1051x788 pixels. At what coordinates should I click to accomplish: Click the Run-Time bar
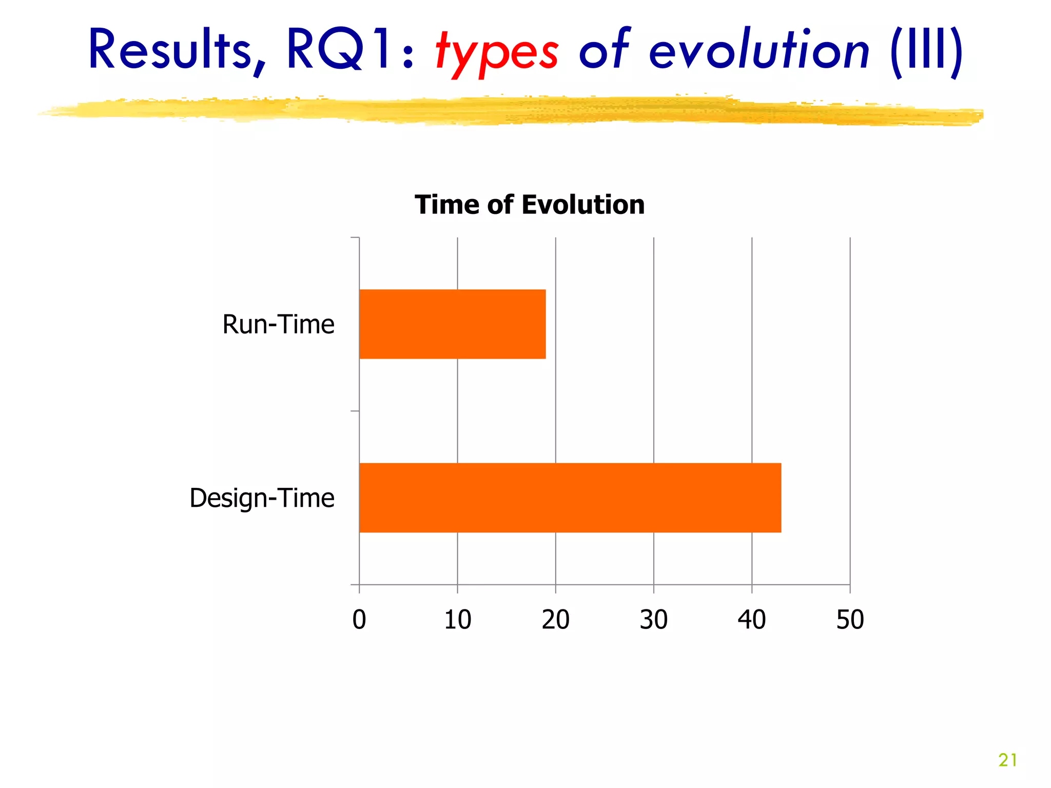click(452, 324)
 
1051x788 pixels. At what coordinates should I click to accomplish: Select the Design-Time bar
click(570, 498)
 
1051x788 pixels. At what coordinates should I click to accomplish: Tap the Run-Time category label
click(278, 324)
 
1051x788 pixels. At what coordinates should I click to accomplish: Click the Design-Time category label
click(262, 498)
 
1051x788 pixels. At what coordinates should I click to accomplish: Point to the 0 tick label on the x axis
click(359, 620)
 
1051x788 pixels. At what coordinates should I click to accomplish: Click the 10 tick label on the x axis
click(457, 620)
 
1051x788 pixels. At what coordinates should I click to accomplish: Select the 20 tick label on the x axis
click(555, 620)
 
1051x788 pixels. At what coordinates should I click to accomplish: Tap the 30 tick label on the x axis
click(653, 620)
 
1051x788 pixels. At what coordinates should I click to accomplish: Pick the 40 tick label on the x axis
click(751, 620)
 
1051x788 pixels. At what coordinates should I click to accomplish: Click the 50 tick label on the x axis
click(850, 620)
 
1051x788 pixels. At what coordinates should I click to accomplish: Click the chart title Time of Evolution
click(529, 205)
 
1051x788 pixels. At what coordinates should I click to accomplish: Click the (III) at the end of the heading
click(926, 50)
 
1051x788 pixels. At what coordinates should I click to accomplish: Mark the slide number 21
click(1007, 760)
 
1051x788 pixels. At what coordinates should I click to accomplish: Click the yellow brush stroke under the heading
click(513, 111)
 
